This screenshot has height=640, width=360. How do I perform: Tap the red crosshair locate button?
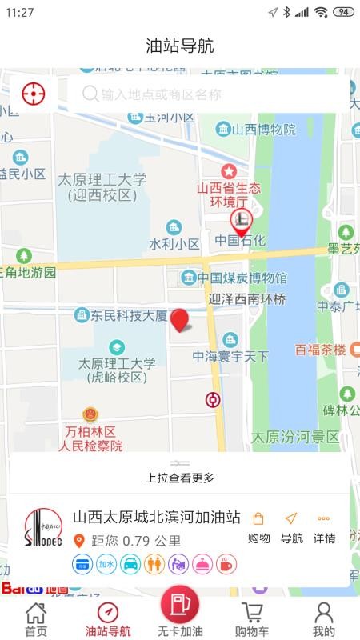tap(33, 94)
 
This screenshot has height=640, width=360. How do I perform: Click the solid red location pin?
tap(182, 320)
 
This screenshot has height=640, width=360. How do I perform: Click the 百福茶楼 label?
tap(320, 350)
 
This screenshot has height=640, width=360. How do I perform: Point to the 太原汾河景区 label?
tap(295, 437)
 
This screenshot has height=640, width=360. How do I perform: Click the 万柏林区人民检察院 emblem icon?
tap(91, 414)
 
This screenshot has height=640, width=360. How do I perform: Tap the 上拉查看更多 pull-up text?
tap(180, 478)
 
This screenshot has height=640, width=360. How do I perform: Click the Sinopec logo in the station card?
tap(42, 530)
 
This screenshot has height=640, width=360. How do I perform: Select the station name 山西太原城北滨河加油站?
tap(157, 518)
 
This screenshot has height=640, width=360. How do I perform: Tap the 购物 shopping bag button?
tap(258, 528)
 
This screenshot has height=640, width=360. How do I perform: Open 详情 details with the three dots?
tap(324, 528)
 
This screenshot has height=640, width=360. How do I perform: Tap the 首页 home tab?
tap(36, 619)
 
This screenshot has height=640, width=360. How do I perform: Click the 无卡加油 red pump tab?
tap(180, 612)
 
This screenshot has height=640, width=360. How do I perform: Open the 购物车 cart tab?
tap(252, 619)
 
